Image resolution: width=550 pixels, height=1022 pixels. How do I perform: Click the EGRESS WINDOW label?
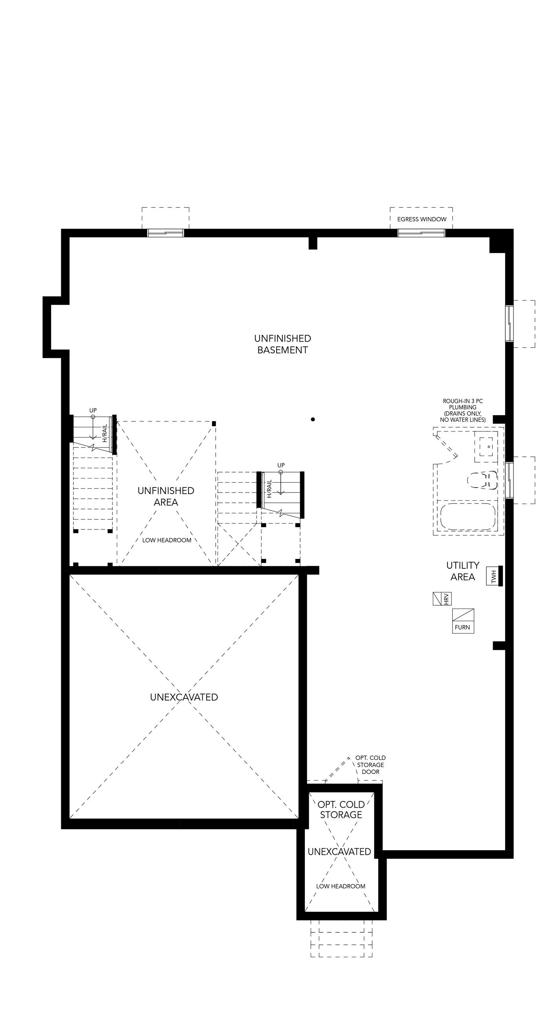pyautogui.click(x=422, y=219)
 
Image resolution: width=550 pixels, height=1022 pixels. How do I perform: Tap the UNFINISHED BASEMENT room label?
pyautogui.click(x=282, y=344)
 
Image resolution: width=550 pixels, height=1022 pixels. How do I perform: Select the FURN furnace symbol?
pyautogui.click(x=463, y=621)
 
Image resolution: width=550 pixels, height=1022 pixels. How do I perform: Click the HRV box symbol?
pyautogui.click(x=442, y=599)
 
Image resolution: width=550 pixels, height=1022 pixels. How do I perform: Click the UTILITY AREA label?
pyautogui.click(x=462, y=571)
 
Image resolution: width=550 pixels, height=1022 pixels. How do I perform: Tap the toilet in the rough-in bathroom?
pyautogui.click(x=482, y=480)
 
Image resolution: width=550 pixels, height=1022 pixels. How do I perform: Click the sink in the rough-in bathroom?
pyautogui.click(x=486, y=446)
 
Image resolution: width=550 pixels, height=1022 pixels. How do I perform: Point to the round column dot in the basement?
pyautogui.click(x=313, y=419)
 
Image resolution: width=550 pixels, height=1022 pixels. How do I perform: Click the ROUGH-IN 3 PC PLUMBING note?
pyautogui.click(x=463, y=410)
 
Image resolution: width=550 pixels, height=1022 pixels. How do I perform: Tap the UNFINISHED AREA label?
pyautogui.click(x=166, y=496)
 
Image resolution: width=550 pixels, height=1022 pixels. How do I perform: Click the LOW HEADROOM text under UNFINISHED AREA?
pyautogui.click(x=167, y=540)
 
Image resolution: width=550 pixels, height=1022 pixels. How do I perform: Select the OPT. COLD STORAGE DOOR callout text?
pyautogui.click(x=370, y=765)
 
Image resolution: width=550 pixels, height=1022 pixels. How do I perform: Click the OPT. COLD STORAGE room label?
pyautogui.click(x=341, y=809)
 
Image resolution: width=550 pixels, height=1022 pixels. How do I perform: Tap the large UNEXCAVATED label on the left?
pyautogui.click(x=184, y=697)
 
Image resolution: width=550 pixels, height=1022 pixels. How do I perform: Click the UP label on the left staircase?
pyautogui.click(x=93, y=410)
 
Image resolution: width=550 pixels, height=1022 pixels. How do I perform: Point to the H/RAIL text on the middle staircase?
pyautogui.click(x=269, y=489)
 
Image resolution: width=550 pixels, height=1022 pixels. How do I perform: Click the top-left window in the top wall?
pyautogui.click(x=166, y=233)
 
